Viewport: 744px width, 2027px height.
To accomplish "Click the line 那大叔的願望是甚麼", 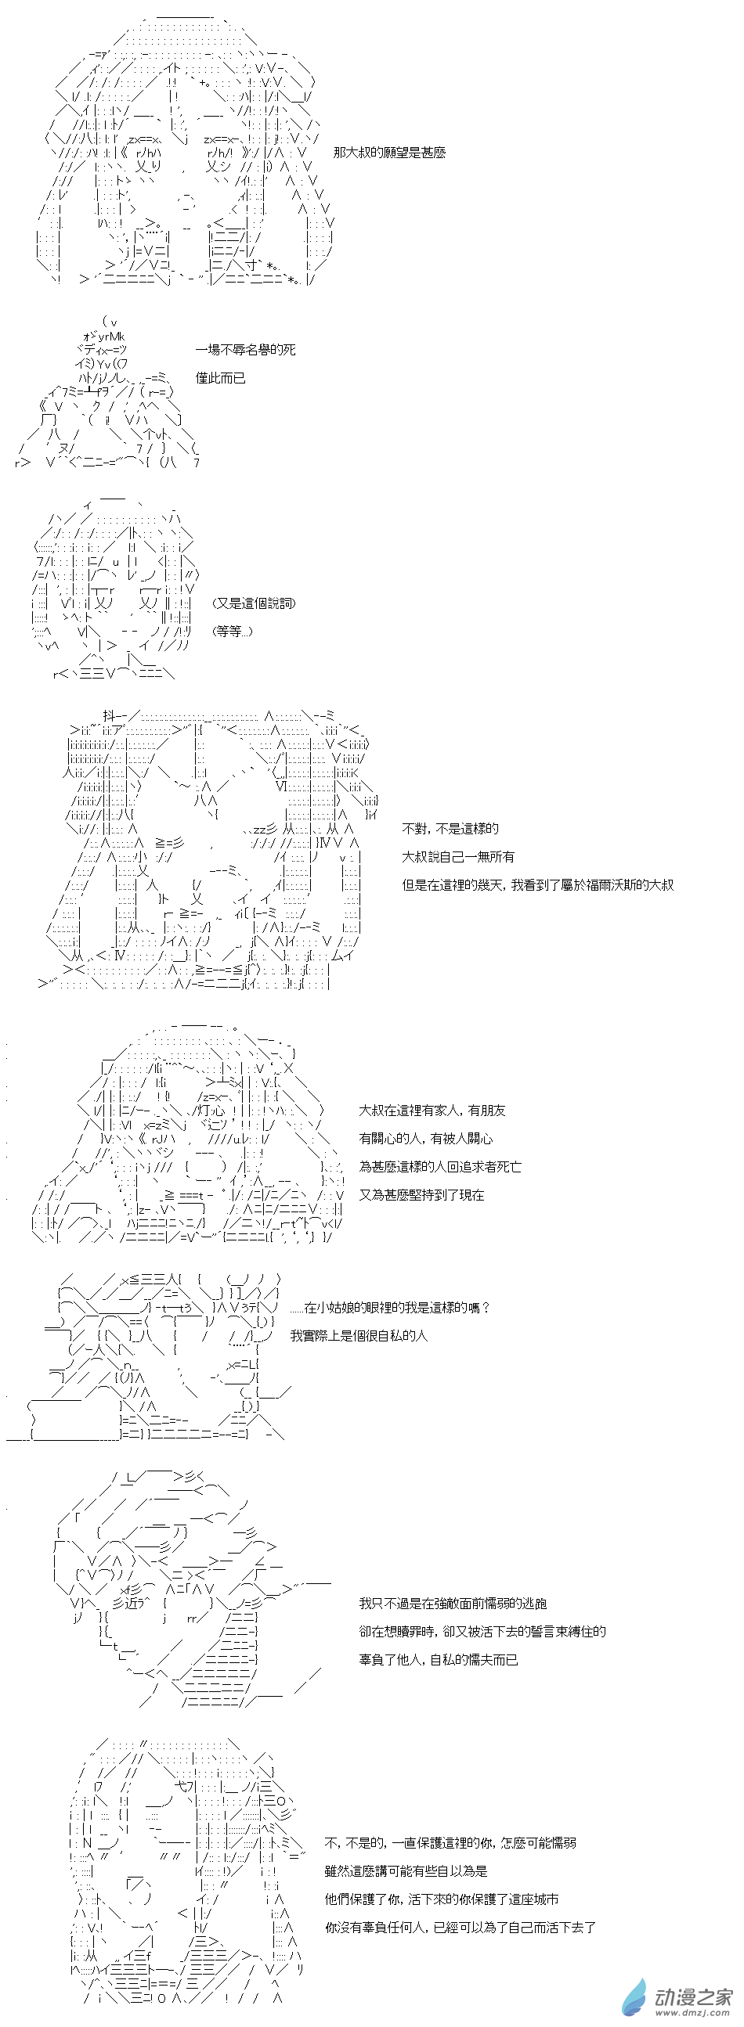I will tap(389, 153).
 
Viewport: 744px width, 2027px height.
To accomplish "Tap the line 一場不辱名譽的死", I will tap(245, 349).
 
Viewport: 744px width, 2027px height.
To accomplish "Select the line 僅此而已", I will tap(220, 378).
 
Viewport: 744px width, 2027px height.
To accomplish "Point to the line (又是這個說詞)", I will tap(254, 603).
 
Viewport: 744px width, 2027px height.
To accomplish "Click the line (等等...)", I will tap(233, 631).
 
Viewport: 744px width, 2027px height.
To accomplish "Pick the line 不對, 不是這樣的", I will tap(450, 828).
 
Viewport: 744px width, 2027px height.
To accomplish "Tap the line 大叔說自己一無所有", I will tap(459, 856).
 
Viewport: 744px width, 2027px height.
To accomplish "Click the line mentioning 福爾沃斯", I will tap(538, 884).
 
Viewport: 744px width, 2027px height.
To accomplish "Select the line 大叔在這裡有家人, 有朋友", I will tap(432, 1110).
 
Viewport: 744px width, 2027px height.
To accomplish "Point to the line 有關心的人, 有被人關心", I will tap(426, 1138).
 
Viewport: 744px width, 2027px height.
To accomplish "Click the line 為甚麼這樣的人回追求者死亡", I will tap(440, 1166).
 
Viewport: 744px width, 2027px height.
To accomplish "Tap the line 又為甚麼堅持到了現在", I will tap(421, 1194).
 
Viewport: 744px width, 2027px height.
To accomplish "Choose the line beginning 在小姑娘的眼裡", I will tap(391, 1307).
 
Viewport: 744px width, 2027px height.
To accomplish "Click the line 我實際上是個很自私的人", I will tap(359, 1335).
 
